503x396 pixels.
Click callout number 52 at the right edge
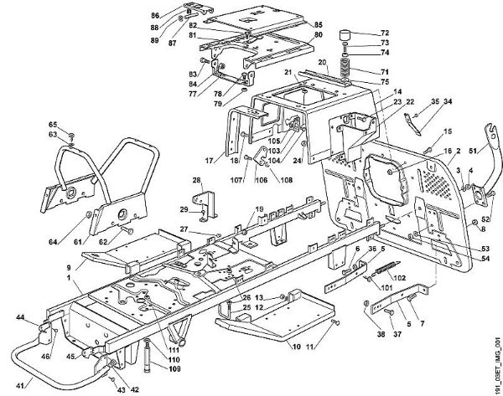485,219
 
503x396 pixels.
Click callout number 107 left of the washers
237,178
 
